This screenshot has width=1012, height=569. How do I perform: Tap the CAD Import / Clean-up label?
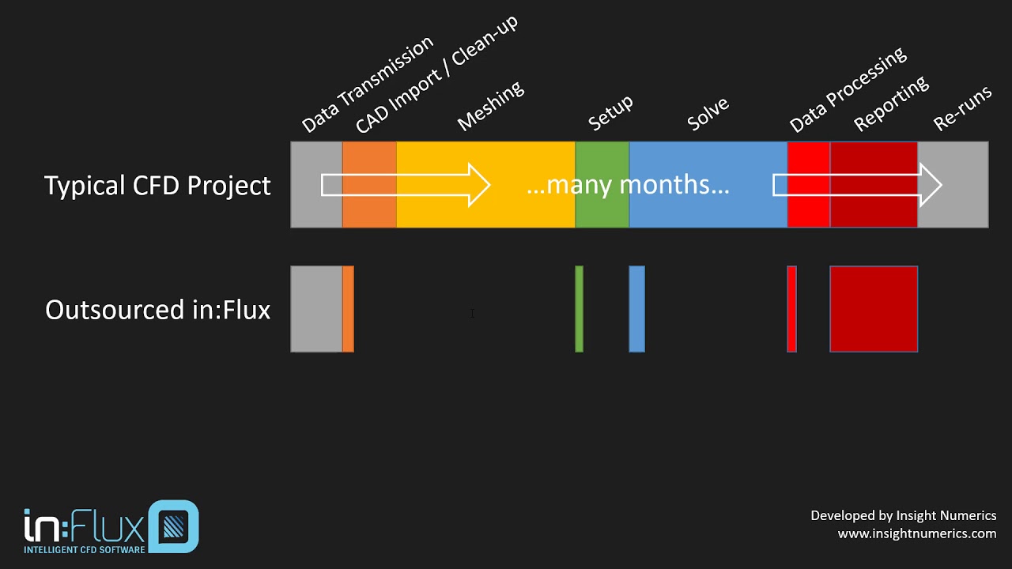pyautogui.click(x=436, y=73)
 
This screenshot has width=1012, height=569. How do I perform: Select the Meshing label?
pyautogui.click(x=491, y=105)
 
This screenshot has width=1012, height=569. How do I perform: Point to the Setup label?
pyautogui.click(x=611, y=113)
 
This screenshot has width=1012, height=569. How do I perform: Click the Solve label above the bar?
pyautogui.click(x=708, y=114)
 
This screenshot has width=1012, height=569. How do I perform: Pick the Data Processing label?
pyautogui.click(x=848, y=89)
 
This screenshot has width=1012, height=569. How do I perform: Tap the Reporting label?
pyautogui.click(x=891, y=104)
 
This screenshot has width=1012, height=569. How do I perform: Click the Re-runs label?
pyautogui.click(x=962, y=108)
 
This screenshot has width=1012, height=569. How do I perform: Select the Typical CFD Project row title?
pyautogui.click(x=157, y=186)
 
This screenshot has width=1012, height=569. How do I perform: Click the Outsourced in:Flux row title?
pyautogui.click(x=157, y=310)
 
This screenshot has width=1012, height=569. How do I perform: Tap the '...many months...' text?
pyautogui.click(x=628, y=185)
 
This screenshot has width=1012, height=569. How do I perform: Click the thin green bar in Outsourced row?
pyautogui.click(x=580, y=309)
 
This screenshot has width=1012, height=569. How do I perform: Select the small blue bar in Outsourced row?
pyautogui.click(x=636, y=309)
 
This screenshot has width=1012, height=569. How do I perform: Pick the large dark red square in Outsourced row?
pyautogui.click(x=874, y=309)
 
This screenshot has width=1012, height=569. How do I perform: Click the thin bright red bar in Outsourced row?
pyautogui.click(x=791, y=309)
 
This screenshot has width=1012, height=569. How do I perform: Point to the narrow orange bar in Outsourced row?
pyautogui.click(x=348, y=309)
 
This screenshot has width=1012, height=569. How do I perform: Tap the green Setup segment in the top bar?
pyautogui.click(x=602, y=209)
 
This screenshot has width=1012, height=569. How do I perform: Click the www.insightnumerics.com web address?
pyautogui.click(x=917, y=533)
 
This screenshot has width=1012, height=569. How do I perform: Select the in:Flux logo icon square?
pyautogui.click(x=173, y=526)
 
